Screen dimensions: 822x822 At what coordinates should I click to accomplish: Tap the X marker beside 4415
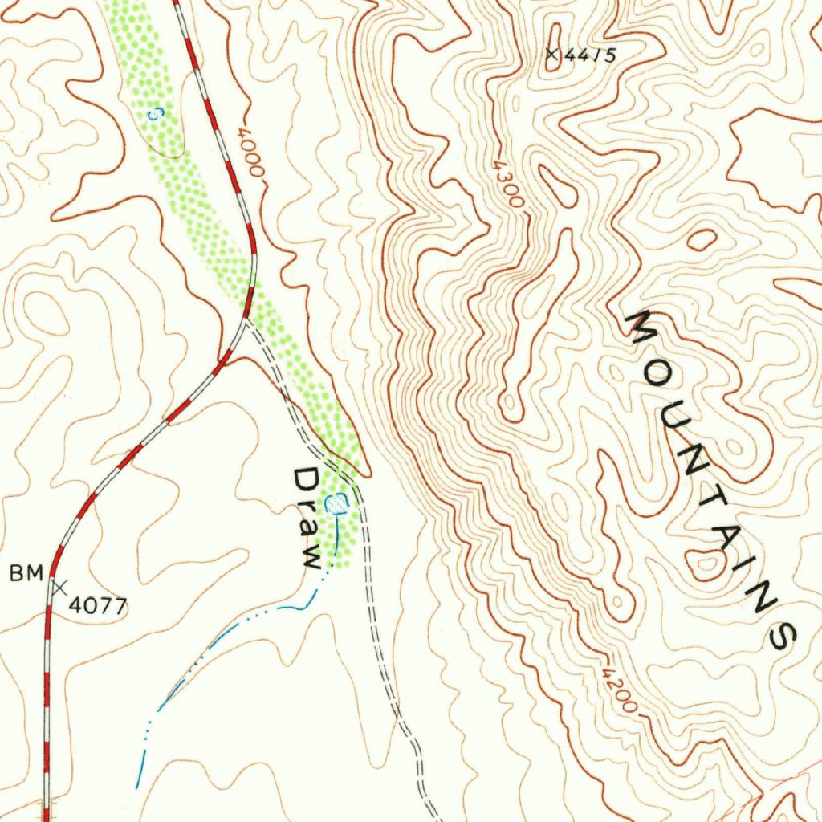pos(551,54)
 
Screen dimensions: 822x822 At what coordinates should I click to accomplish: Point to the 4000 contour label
pos(250,149)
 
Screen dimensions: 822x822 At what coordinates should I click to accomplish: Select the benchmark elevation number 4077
pos(98,605)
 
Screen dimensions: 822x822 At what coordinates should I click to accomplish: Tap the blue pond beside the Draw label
pos(337,504)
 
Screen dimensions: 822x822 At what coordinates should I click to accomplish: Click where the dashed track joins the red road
pos(246,320)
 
